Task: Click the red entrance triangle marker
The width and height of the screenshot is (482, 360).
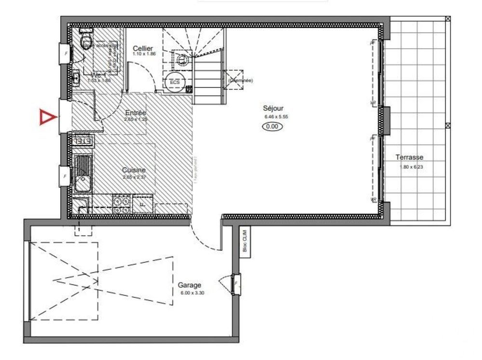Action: point(47,117)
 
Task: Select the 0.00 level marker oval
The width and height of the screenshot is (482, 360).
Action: point(272,127)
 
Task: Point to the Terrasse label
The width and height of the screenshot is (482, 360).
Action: point(409,158)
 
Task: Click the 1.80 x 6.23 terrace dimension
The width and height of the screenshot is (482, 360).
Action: point(411,167)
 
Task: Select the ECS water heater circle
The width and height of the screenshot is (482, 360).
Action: point(174,82)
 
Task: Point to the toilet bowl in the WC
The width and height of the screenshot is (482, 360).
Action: point(87,41)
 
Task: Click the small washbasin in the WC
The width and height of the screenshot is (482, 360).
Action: point(76,77)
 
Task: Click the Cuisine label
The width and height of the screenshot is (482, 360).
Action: point(134,170)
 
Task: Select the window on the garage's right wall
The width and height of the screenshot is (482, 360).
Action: point(237,284)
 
